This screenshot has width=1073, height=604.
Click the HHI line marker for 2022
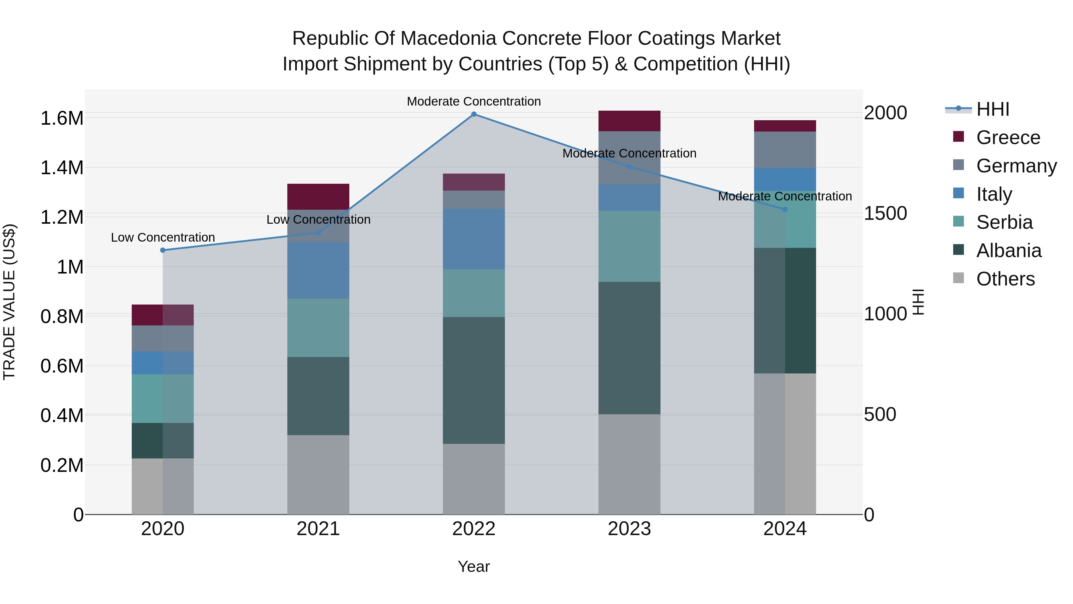coord(474,114)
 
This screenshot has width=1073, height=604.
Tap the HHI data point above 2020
coord(163,250)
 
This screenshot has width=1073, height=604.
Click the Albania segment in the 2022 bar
coord(474,380)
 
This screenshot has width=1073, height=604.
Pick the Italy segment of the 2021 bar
coord(318,270)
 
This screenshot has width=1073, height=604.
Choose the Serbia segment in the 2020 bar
coord(162,398)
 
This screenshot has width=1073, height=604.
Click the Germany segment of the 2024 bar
coord(785,150)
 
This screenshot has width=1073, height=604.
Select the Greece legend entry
coord(1008,138)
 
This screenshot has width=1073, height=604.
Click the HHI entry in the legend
coord(993,109)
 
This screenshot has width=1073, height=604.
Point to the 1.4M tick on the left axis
coord(62,168)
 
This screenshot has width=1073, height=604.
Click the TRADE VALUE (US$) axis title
coord(9,302)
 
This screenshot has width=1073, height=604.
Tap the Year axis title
coord(474,566)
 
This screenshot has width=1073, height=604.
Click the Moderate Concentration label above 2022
coord(474,101)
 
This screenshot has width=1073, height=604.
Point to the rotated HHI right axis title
coord(918,302)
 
